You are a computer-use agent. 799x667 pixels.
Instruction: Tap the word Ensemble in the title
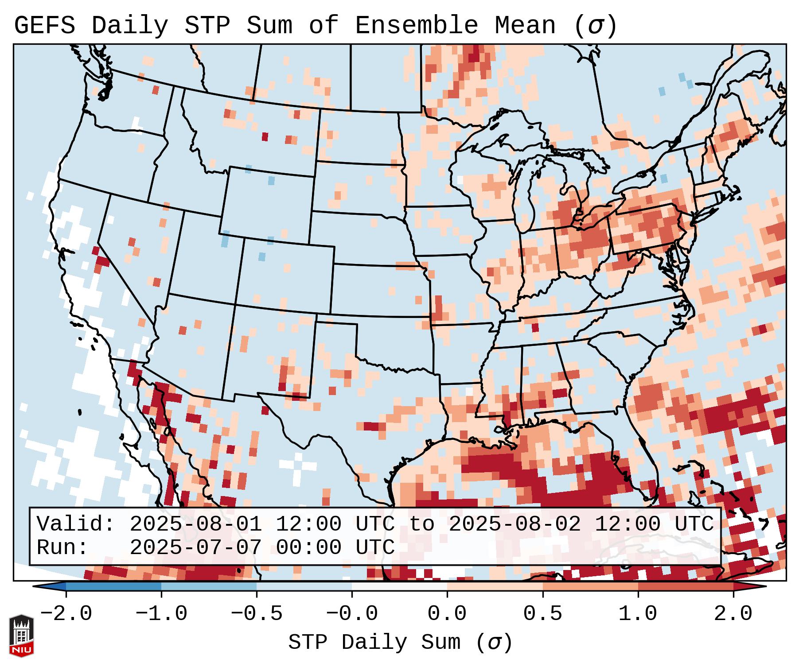(416, 26)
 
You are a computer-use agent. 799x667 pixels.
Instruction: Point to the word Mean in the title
(525, 26)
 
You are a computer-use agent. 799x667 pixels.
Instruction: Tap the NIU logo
(21, 636)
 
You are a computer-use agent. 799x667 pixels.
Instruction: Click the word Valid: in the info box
(76, 524)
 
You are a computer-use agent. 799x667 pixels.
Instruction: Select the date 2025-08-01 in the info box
(195, 524)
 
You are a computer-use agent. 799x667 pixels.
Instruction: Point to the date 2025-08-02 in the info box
(514, 524)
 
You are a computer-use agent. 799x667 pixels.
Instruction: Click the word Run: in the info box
(62, 548)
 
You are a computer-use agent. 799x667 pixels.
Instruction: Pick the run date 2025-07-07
(195, 548)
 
